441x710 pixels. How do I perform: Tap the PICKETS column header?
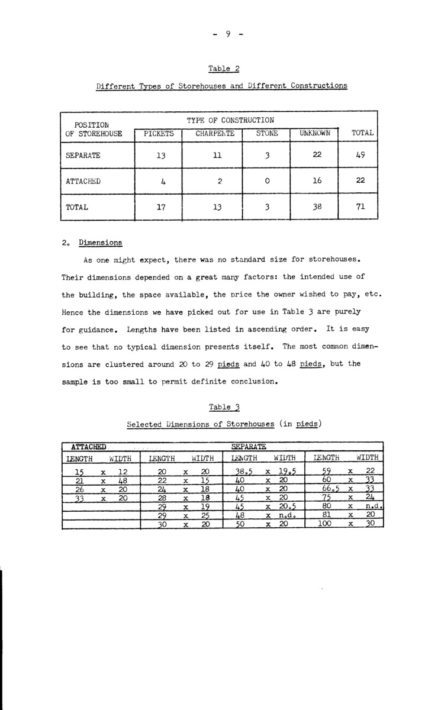click(x=159, y=134)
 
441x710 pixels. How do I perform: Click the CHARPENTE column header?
click(x=215, y=134)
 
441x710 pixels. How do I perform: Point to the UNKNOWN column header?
click(x=314, y=134)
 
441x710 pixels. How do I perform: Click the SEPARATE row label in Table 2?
click(x=83, y=156)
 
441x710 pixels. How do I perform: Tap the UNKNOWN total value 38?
click(x=314, y=208)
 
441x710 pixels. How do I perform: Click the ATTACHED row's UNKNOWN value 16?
click(x=314, y=182)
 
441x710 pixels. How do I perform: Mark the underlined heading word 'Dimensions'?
click(x=101, y=243)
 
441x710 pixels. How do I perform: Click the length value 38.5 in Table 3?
click(x=244, y=472)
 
